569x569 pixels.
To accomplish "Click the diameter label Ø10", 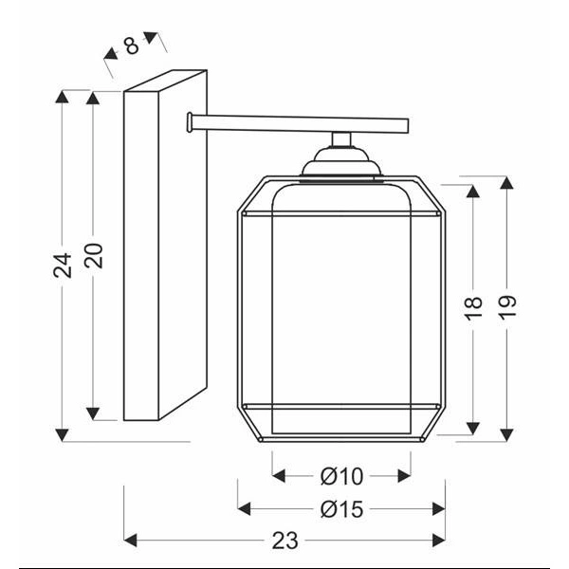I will [341, 475].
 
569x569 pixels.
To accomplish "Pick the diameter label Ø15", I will [341, 509].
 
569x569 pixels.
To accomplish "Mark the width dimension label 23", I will [284, 541].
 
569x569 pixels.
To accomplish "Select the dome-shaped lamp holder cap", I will [340, 167].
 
